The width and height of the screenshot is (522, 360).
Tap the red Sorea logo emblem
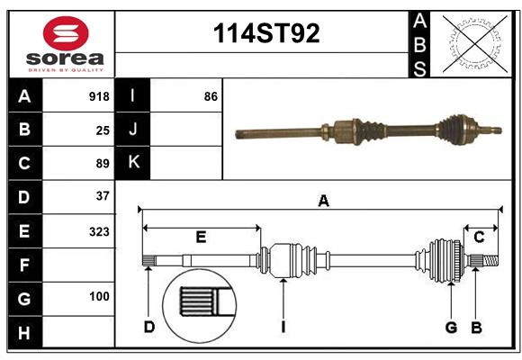click(x=65, y=36)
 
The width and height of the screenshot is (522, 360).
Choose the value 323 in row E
click(x=99, y=231)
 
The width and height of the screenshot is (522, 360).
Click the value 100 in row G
click(x=99, y=296)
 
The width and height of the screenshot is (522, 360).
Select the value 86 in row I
click(x=211, y=95)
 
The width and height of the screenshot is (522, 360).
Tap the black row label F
click(x=24, y=265)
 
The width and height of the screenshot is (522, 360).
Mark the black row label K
click(x=133, y=163)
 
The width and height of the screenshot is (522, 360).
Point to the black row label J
click(x=133, y=130)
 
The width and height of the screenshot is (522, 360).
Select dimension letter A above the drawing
click(x=323, y=202)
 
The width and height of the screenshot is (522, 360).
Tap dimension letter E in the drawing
click(x=202, y=238)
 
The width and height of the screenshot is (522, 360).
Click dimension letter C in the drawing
click(x=479, y=238)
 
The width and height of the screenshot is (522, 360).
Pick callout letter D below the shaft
click(x=149, y=327)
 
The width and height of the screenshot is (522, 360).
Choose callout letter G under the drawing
click(x=451, y=327)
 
